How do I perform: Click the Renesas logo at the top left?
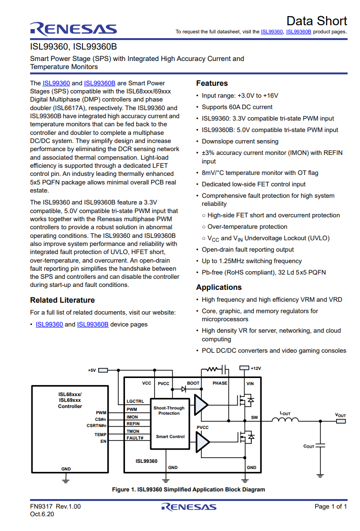pos(73,29)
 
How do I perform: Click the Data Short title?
pos(317,21)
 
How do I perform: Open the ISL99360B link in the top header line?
pos(298,32)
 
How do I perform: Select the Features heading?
pos(212,83)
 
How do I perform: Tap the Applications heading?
pos(219,287)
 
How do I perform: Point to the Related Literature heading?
pos(62,300)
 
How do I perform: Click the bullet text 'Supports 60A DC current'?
pos(237,107)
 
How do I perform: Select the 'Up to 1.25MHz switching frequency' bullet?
pos(252,261)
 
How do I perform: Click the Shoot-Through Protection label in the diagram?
pos(169,410)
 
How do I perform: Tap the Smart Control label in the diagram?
pos(170,437)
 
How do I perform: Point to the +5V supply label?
pos(92,370)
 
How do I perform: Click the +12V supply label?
pos(256,368)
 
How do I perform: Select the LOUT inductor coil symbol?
pos(285,420)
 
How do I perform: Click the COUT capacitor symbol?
pos(320,446)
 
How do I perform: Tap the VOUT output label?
pos(340,415)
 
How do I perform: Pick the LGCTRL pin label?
pos(135,401)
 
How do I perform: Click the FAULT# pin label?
pos(135,438)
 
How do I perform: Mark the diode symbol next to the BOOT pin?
pos(184,389)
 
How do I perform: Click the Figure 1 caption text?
pos(188,490)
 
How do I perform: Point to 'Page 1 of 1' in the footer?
pos(330,507)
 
